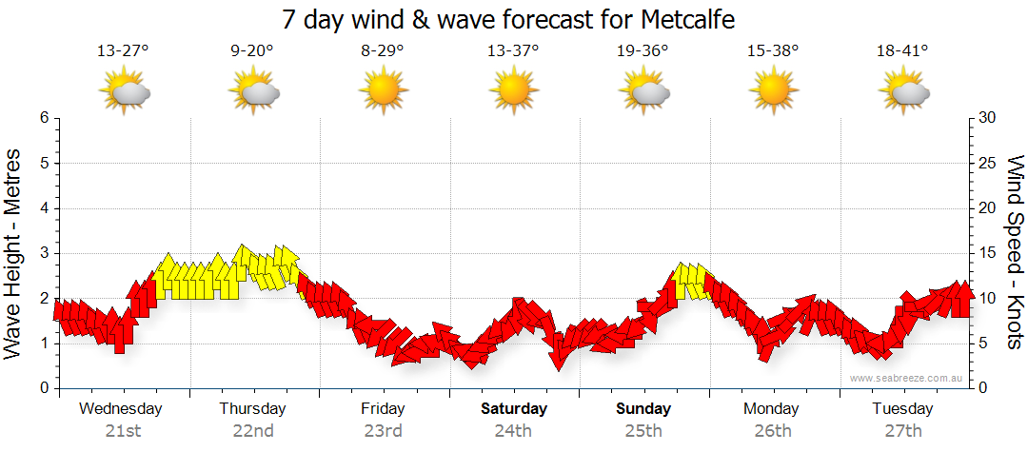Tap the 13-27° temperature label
point(123,51)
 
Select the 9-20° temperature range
point(252,51)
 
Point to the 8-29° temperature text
point(383,51)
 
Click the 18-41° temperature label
point(902,51)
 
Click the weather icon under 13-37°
point(513,91)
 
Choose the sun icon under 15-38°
point(773,91)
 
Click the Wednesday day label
point(121,409)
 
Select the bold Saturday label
point(513,409)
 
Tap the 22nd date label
point(253,431)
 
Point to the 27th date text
point(903,431)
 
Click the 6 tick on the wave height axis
point(44,118)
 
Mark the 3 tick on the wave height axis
point(44,253)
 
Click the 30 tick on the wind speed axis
point(989,118)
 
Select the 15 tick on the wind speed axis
point(989,253)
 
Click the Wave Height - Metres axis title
point(14,253)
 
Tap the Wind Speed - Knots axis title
point(1015,253)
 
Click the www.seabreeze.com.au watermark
point(907,378)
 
